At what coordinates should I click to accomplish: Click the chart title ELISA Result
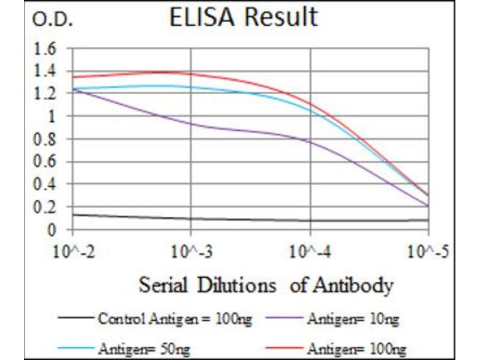(243, 18)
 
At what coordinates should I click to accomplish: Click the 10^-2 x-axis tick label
(71, 250)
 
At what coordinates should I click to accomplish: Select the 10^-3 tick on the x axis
(191, 250)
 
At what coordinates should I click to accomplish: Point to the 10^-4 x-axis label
(311, 250)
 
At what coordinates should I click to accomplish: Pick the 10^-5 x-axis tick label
(430, 250)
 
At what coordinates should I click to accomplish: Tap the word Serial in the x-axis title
(160, 285)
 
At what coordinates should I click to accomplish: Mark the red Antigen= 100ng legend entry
(356, 348)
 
